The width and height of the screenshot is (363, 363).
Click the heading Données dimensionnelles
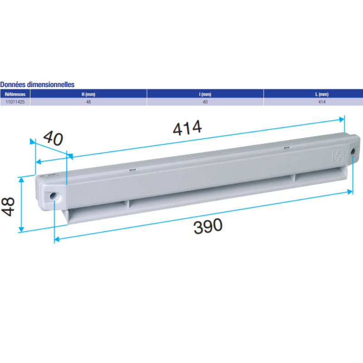point(37,84)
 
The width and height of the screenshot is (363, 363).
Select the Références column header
point(15,94)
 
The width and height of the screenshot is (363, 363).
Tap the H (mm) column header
point(88,94)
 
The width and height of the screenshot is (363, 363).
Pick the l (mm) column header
point(205,94)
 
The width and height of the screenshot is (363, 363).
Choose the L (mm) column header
point(322,94)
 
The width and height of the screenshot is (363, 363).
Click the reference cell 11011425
point(15,102)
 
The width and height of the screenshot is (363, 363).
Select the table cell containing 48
point(88,102)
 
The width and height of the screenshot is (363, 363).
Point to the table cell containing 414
point(322,102)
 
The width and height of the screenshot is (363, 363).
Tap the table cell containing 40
point(205,102)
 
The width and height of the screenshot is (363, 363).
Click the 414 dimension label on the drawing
point(187,128)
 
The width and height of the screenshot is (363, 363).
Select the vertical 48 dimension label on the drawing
point(9,206)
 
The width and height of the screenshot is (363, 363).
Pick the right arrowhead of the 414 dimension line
point(342,119)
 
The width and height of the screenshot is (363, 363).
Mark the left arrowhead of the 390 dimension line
point(57,239)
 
